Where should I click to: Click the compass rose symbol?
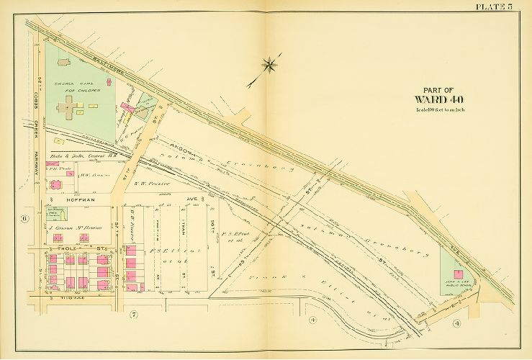[x=269, y=66]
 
